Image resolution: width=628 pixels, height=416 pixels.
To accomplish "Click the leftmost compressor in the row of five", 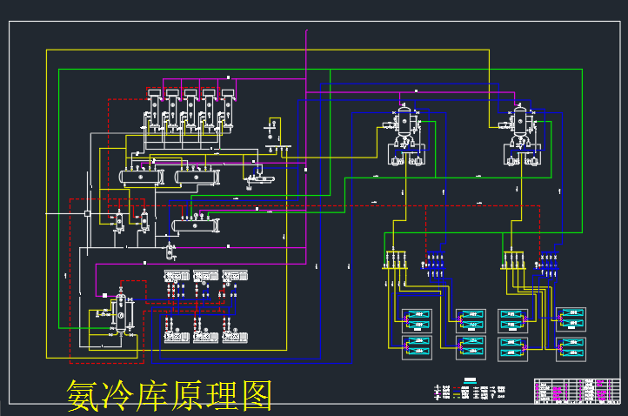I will click(x=154, y=110).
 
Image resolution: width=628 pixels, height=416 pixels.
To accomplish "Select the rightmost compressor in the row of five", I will click(x=228, y=110).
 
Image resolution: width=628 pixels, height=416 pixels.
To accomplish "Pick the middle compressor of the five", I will click(x=190, y=110).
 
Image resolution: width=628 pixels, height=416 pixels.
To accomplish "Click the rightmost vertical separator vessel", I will click(x=522, y=122).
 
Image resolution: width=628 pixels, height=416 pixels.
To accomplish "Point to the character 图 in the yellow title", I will click(x=256, y=396).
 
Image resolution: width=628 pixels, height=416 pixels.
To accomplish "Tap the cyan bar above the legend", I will click(x=470, y=379).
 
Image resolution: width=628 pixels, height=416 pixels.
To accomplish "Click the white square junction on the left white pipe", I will click(x=87, y=213).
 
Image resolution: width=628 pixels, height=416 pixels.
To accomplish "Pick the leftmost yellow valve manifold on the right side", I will click(x=396, y=259).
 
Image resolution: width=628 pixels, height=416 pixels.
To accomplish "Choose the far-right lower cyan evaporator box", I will click(x=571, y=347).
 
